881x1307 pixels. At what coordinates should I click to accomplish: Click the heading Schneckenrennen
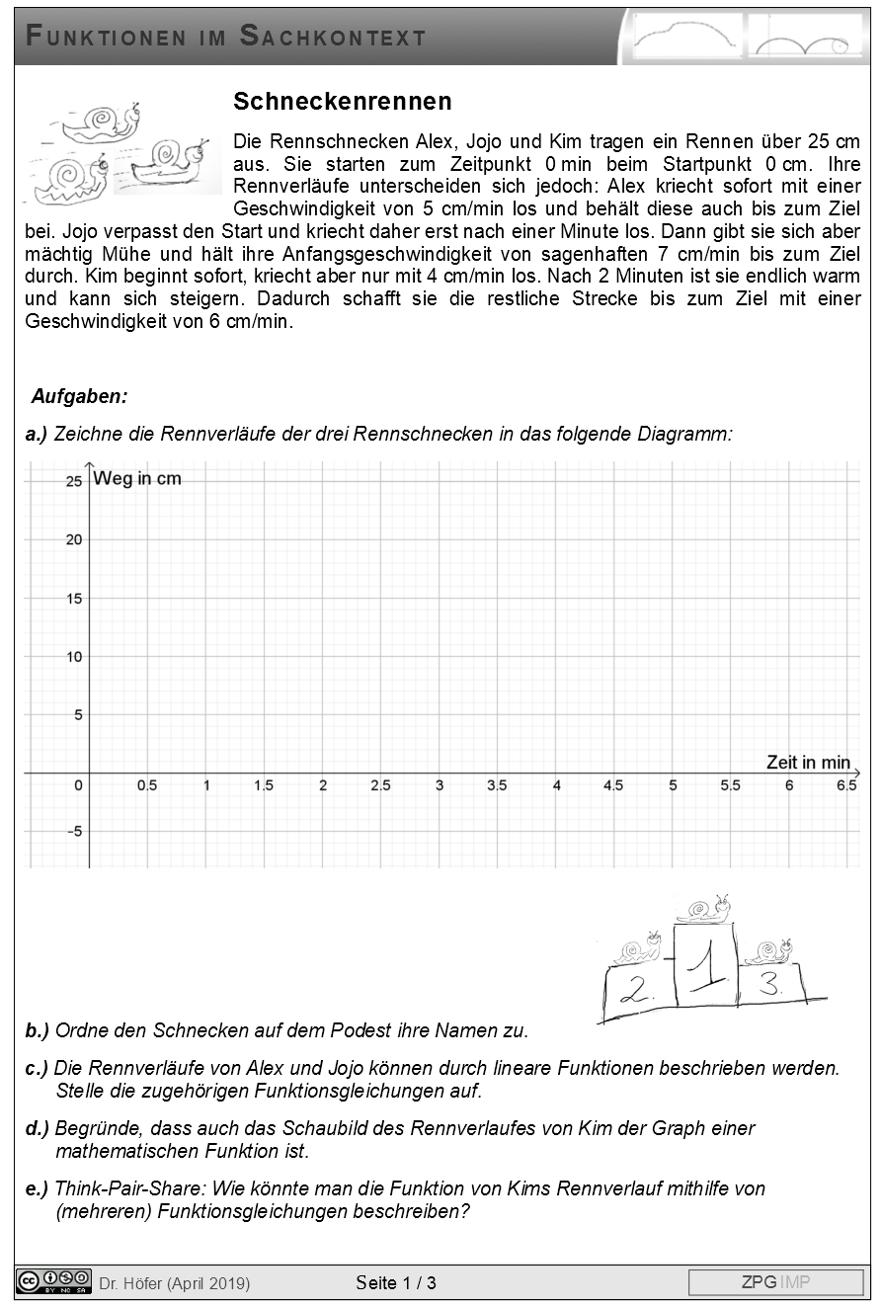pyautogui.click(x=343, y=102)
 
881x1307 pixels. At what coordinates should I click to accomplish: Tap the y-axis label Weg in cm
pyautogui.click(x=137, y=479)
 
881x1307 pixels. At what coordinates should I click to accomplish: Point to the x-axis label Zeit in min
pyautogui.click(x=807, y=762)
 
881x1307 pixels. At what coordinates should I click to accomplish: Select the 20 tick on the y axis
pyautogui.click(x=72, y=539)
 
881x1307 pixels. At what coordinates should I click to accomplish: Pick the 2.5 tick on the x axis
pyautogui.click(x=380, y=786)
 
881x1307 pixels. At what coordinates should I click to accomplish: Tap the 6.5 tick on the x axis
pyautogui.click(x=846, y=786)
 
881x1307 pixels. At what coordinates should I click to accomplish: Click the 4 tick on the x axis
pyautogui.click(x=556, y=786)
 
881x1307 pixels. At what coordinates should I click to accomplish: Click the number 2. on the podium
pyautogui.click(x=634, y=991)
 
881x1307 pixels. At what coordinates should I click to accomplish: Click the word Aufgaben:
pyautogui.click(x=79, y=397)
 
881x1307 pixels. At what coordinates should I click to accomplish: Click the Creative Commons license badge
pyautogui.click(x=53, y=1281)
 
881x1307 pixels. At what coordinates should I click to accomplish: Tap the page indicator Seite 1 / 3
pyautogui.click(x=396, y=1283)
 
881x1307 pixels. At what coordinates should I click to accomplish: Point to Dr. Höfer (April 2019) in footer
pyautogui.click(x=175, y=1283)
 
